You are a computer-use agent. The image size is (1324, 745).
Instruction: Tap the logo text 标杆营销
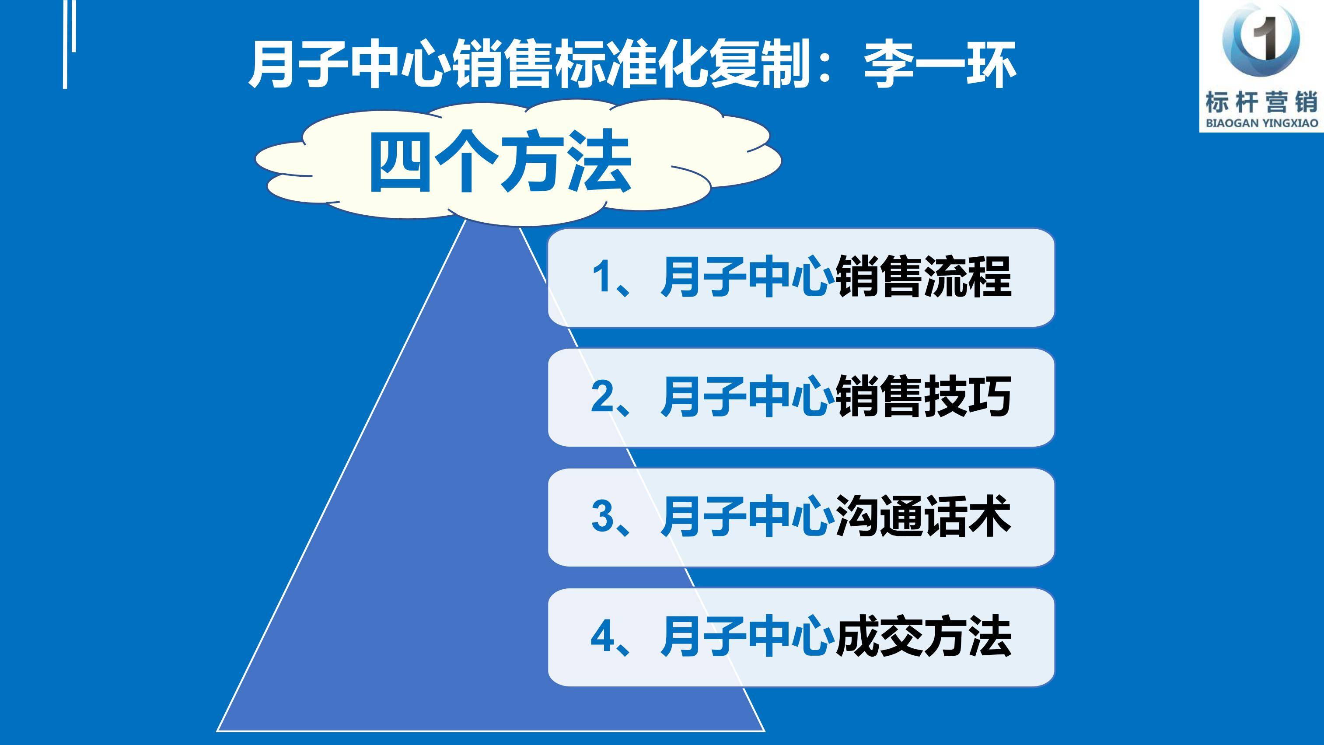click(1261, 102)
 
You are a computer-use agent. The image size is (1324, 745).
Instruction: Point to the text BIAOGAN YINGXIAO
click(1262, 123)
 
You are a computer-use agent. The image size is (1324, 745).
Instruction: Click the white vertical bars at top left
click(70, 44)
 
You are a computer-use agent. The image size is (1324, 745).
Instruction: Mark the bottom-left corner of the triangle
click(217, 731)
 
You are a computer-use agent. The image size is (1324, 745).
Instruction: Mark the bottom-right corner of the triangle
click(765, 731)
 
